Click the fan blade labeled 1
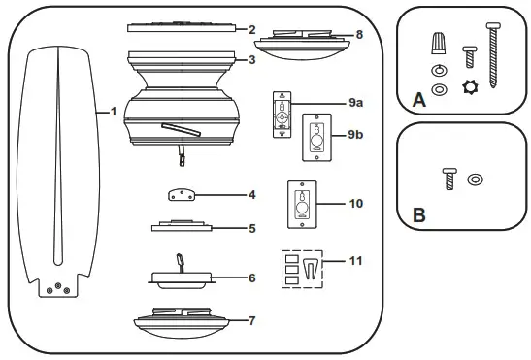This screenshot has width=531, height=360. coord(58,165)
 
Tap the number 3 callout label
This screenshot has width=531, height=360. coord(251,60)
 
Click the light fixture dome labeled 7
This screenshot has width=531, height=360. coord(190,317)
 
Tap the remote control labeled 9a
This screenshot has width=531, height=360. coord(282,114)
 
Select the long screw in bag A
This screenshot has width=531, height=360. coord(496,55)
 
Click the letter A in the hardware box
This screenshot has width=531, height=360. coord(420,99)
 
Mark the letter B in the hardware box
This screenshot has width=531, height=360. coord(419,215)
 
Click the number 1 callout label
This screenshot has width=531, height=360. coord(114,111)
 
